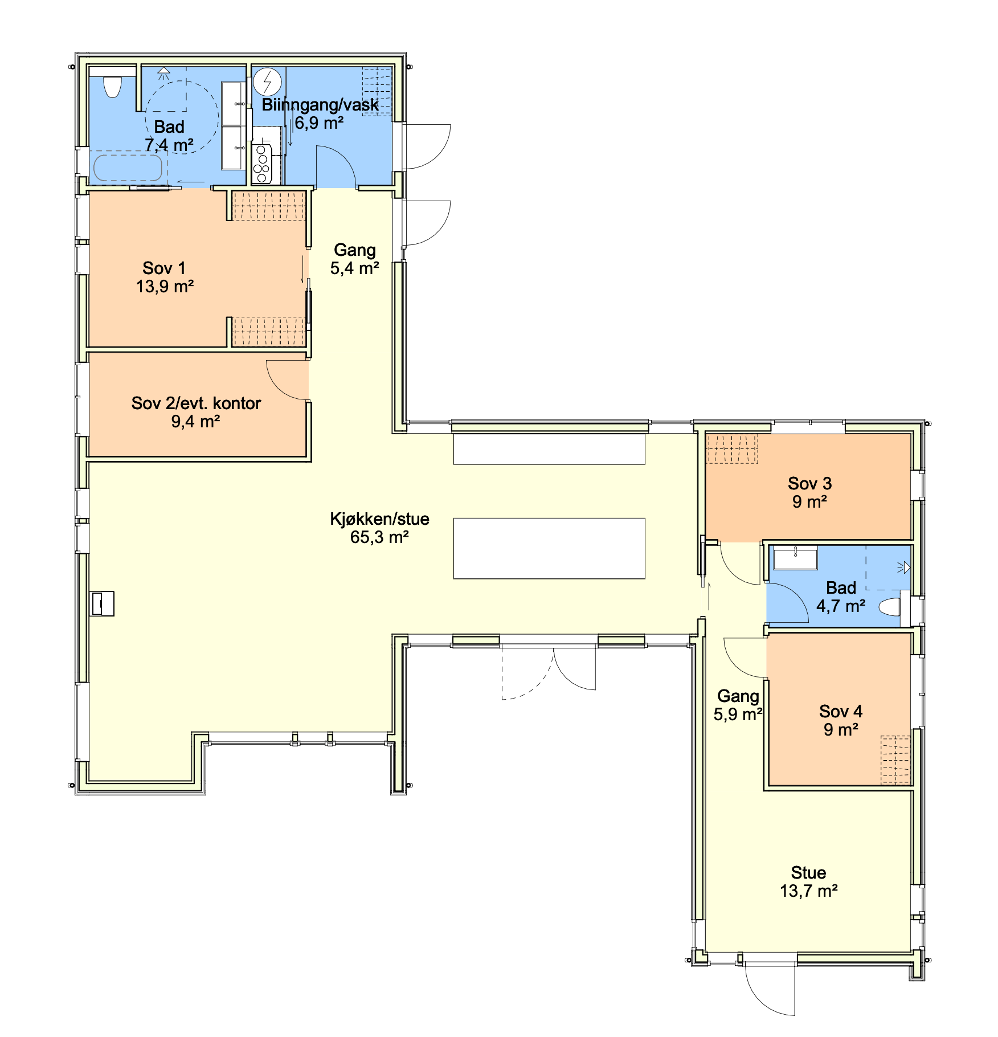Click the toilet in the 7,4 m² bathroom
[113, 87]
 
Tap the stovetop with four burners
[261, 164]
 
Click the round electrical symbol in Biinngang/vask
[267, 82]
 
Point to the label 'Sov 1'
[164, 268]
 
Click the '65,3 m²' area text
[379, 537]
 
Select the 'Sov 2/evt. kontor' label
[196, 403]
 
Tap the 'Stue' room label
[808, 872]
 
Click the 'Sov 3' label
[809, 483]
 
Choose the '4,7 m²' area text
[841, 606]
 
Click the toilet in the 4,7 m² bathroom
[890, 607]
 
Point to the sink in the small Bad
[795, 558]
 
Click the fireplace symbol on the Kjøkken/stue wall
[103, 603]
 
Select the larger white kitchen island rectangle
[549, 548]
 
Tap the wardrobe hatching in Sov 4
[895, 760]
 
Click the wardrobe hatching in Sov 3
[732, 448]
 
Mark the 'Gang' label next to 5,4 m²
[354, 250]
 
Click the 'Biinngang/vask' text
[320, 105]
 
